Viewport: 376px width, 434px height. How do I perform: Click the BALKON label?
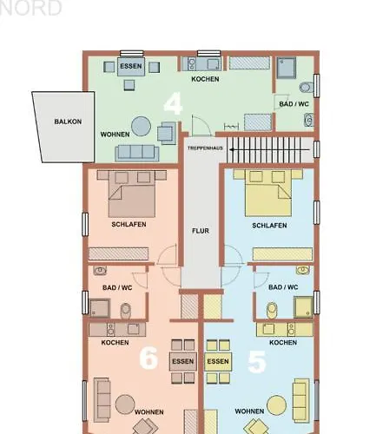coord(68,122)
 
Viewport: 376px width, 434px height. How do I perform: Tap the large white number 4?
coord(173,103)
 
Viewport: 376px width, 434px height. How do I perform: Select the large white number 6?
coord(148,358)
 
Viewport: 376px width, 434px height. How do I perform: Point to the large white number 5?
coord(257,361)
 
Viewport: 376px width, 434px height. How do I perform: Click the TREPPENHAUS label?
coord(205,148)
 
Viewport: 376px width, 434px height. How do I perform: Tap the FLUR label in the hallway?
coord(201,231)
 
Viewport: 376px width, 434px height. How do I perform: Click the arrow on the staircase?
coord(269,149)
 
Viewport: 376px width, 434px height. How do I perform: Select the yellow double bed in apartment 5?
coord(268,193)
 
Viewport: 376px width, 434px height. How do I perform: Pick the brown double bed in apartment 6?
coord(132,194)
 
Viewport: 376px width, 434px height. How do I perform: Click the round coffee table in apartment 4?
coord(141,126)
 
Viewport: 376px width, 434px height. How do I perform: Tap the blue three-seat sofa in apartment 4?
coord(137,153)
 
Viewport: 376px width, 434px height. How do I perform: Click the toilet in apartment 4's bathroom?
coord(307,87)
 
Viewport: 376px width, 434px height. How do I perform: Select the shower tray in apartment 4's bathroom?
coord(287,68)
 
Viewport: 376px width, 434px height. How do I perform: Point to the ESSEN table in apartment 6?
coord(183,361)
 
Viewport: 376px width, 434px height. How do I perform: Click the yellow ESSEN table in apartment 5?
coord(218,361)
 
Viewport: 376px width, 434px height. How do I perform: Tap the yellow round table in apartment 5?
coord(276,405)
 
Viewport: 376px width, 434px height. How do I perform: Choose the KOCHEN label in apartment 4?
coord(205,79)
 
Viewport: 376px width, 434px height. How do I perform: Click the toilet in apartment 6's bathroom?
coord(126,310)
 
